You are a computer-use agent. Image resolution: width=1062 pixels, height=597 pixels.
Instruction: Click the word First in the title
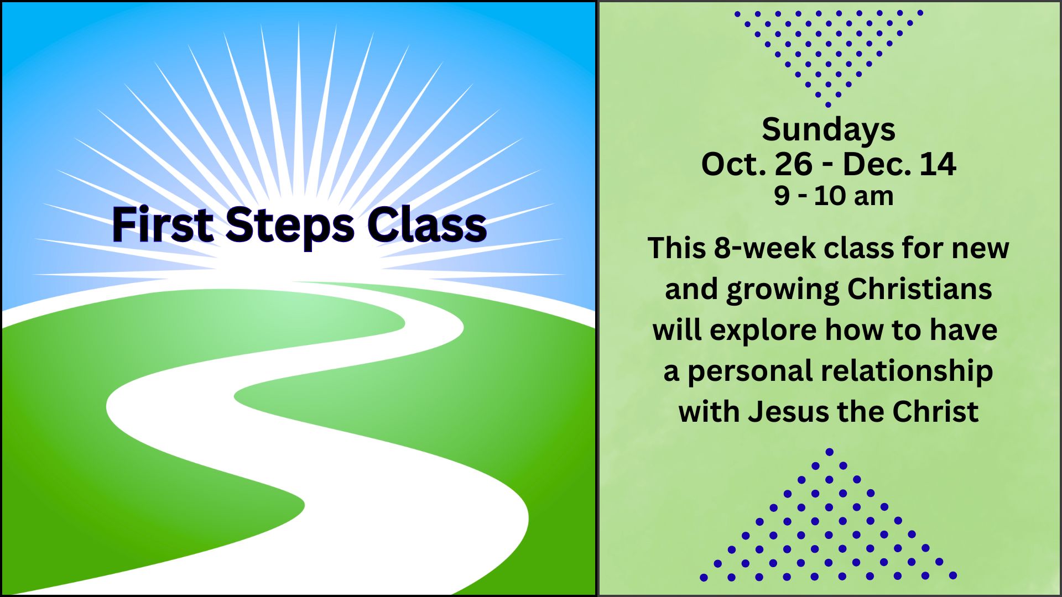(x=163, y=224)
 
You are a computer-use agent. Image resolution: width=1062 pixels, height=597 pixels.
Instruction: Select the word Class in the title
(x=427, y=224)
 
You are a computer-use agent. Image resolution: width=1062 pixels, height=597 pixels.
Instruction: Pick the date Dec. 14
(x=899, y=164)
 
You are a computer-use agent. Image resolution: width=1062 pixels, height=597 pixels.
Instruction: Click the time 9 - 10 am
(x=834, y=196)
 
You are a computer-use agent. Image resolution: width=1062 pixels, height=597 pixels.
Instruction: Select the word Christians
(x=919, y=289)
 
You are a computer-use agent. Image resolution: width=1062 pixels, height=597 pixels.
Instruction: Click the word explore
(x=762, y=331)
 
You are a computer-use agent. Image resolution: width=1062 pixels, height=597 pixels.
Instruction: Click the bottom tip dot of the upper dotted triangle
(x=828, y=104)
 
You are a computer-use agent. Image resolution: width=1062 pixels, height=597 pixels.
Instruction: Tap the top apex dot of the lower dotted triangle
(x=829, y=452)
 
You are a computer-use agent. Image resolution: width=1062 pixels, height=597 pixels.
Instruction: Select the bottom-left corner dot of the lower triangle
(x=704, y=577)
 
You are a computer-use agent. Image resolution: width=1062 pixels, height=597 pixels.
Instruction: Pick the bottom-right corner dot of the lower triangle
(x=953, y=576)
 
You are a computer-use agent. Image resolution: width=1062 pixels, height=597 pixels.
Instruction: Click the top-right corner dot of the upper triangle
(x=920, y=13)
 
